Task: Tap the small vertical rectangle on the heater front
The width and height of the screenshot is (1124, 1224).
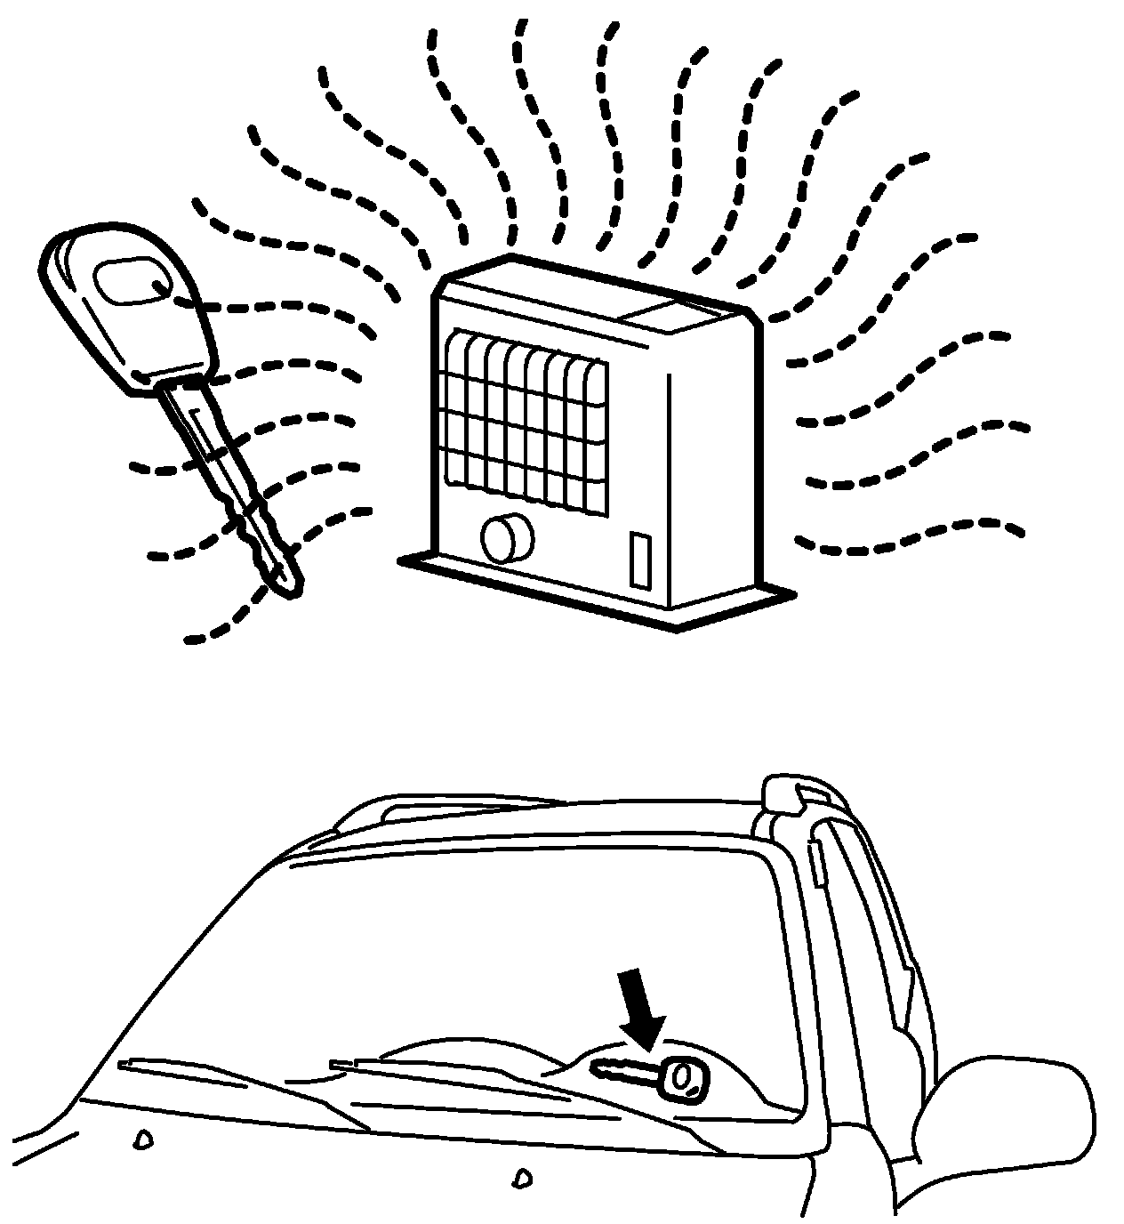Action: [x=639, y=560]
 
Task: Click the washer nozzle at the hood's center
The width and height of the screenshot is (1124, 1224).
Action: [x=520, y=1180]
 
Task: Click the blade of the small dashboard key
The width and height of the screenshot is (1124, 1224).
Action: [x=622, y=1073]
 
